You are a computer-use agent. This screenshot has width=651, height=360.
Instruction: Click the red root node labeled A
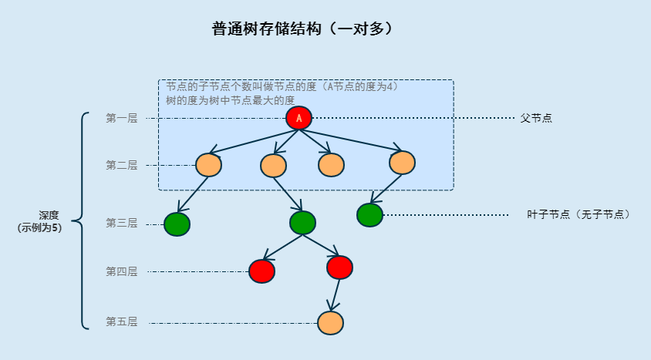pos(299,118)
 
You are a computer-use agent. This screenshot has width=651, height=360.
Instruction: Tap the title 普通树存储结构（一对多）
pos(302,29)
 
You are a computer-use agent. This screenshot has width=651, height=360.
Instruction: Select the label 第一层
pos(121,118)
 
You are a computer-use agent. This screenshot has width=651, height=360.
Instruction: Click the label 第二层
pos(121,165)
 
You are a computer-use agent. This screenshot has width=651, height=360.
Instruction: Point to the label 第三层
pos(121,223)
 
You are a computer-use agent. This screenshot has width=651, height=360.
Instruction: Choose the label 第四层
pos(121,271)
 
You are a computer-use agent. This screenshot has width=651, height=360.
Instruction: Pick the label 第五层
pos(121,322)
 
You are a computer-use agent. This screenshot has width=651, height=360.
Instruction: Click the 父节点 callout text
pos(536,118)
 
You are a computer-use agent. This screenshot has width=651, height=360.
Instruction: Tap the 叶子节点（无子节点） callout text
pos(578,214)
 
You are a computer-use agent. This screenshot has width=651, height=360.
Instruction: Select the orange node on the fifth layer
pos(330,323)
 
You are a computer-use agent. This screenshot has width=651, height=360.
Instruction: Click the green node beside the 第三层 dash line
pos(177,224)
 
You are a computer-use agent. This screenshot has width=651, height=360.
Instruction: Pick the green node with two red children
pos(302,223)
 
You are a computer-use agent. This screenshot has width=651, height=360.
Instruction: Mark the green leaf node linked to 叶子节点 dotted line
pos(369,215)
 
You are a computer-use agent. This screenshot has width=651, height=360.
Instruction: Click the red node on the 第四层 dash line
pos(261,271)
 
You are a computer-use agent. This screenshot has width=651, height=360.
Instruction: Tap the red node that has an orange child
pos(339,267)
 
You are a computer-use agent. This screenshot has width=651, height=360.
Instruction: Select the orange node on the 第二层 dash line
pos(208,165)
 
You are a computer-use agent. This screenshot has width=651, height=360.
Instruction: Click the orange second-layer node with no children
pos(331,165)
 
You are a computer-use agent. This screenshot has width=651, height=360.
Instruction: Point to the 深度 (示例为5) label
pos(40,221)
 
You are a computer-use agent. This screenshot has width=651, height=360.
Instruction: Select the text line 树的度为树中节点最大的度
pos(230,100)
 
